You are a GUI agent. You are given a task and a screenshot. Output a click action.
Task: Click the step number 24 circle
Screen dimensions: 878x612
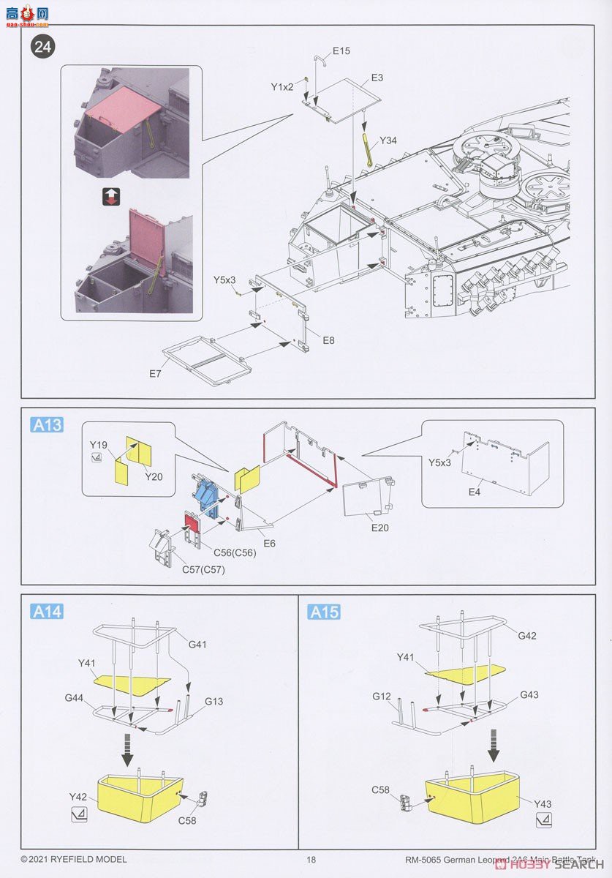[43, 48]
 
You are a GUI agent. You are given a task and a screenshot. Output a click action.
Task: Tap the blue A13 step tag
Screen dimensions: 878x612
[47, 425]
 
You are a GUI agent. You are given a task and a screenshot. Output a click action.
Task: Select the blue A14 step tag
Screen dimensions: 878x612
[47, 612]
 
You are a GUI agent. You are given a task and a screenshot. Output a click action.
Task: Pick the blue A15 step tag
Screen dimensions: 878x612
[325, 612]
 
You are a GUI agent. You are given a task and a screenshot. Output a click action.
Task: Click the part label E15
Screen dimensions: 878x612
[341, 51]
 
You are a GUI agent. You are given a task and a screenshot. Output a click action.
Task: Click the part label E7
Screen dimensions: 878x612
[155, 374]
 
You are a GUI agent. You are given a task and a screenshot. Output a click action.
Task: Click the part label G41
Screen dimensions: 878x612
[198, 645]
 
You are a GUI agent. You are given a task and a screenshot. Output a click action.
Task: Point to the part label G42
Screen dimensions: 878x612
[526, 636]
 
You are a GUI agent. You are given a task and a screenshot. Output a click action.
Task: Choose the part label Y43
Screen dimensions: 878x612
[543, 804]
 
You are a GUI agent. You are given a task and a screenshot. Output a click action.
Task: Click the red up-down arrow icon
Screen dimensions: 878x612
[111, 196]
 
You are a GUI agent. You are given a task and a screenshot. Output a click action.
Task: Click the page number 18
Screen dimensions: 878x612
[311, 859]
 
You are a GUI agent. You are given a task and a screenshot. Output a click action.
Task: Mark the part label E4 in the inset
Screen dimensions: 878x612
[475, 492]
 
